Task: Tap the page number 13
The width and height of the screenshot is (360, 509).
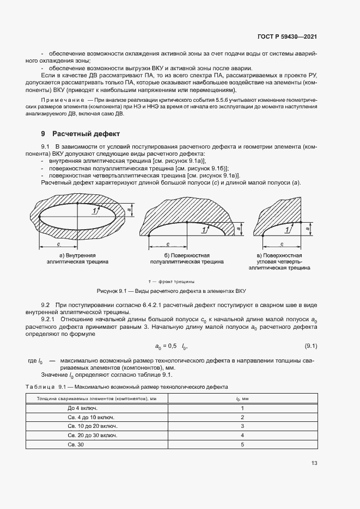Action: click(314, 463)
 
